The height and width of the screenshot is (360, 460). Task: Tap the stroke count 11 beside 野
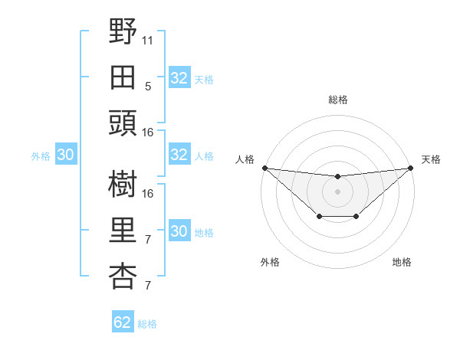point(148,38)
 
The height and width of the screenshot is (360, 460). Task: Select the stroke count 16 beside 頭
point(148,132)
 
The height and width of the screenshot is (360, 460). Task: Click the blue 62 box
point(123,322)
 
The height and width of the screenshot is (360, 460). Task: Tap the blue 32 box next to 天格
point(179,78)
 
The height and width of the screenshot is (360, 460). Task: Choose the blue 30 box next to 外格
point(65,155)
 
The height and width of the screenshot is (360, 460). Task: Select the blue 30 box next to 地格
point(179,231)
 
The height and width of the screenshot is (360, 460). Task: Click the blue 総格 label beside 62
point(147,324)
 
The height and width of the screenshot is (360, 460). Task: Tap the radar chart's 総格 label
point(337,100)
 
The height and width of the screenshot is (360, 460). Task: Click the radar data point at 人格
point(264,168)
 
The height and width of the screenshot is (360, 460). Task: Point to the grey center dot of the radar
point(337,191)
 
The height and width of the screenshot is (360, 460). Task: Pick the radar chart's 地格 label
point(402,263)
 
